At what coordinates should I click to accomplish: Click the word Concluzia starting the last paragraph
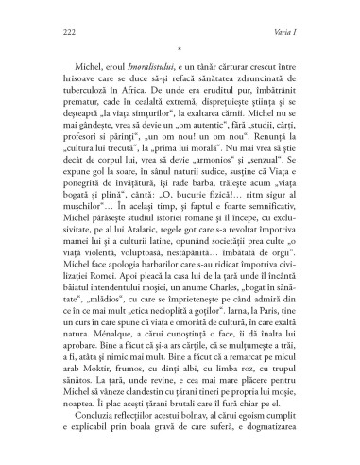pos(81,442)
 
